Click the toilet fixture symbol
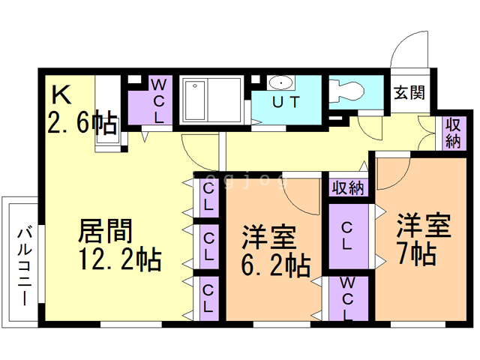(x=346, y=91)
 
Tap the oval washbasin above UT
(x=280, y=82)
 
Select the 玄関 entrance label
(x=409, y=92)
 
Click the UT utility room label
(x=286, y=102)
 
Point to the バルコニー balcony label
(x=25, y=266)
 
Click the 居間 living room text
(x=105, y=231)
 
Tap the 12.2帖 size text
(x=120, y=259)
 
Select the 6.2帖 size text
(x=276, y=265)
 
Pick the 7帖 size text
(x=418, y=253)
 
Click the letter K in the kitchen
(x=61, y=94)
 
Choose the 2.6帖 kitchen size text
(x=82, y=122)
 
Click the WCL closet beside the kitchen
(x=150, y=100)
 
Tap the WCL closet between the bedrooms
(x=348, y=298)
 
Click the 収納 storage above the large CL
(x=348, y=187)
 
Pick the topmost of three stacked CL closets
(x=209, y=198)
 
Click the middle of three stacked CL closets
(x=209, y=247)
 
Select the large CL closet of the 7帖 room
(x=348, y=236)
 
